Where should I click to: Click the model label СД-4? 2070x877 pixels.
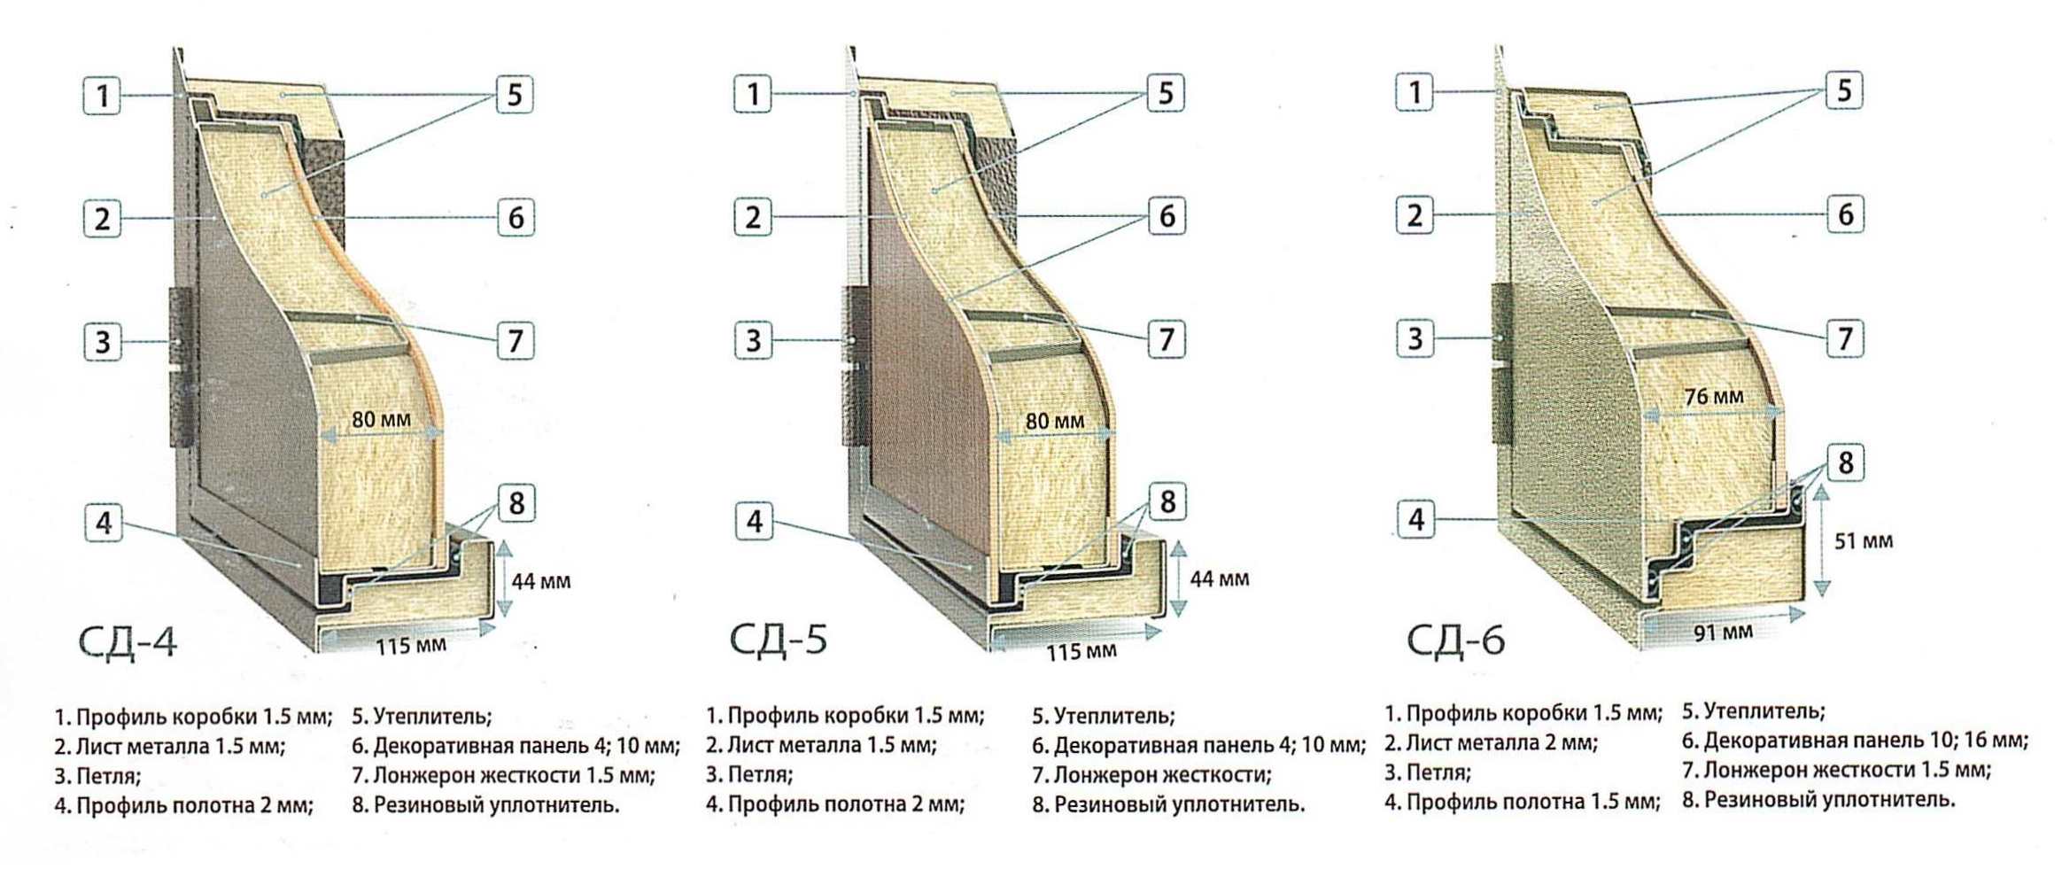(128, 642)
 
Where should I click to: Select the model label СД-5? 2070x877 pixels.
(779, 640)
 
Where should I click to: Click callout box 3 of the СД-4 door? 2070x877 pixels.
(103, 341)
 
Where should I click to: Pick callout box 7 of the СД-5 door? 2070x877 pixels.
(1167, 339)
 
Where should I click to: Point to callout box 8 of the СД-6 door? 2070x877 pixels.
(1846, 462)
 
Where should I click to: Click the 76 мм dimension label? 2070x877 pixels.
(1714, 396)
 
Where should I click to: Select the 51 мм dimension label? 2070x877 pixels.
(1864, 540)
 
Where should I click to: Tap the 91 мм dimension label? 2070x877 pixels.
(1724, 633)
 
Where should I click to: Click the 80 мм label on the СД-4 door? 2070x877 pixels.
(381, 419)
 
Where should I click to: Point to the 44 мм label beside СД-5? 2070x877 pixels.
(1220, 579)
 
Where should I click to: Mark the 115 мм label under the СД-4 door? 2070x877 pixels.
(411, 646)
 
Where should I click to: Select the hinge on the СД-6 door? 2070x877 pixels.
(1502, 363)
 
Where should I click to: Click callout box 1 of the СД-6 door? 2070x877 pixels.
(1415, 92)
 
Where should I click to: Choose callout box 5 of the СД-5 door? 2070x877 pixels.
(1167, 93)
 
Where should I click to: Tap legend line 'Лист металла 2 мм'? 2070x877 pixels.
(1491, 743)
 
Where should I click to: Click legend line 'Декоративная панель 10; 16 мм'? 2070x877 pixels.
(1855, 741)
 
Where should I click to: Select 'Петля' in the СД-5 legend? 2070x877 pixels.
(748, 775)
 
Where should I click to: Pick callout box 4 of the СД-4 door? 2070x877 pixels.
(104, 523)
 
